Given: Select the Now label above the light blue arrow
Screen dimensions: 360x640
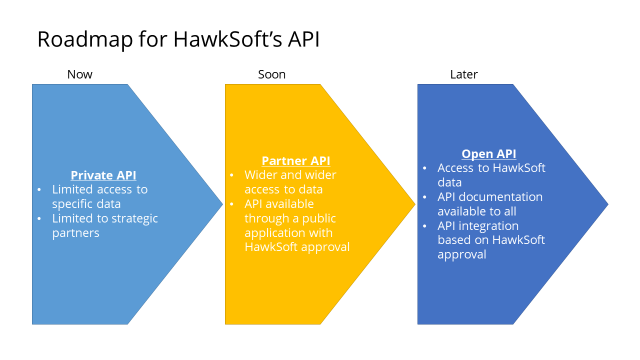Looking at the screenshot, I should coord(80,74).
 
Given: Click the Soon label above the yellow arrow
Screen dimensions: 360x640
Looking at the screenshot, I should coord(271,74).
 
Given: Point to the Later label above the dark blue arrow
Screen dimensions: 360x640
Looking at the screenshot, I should coord(464,74).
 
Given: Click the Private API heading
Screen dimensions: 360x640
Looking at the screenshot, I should coord(103,175).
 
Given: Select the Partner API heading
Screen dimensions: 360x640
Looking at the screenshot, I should coord(296,161).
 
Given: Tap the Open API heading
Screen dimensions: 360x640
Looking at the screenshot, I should coord(488,154).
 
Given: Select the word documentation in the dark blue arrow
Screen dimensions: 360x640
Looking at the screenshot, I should coord(505,197).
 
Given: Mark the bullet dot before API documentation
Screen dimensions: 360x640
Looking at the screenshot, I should coord(424,197).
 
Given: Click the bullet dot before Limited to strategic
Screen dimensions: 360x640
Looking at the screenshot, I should coord(39,219).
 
